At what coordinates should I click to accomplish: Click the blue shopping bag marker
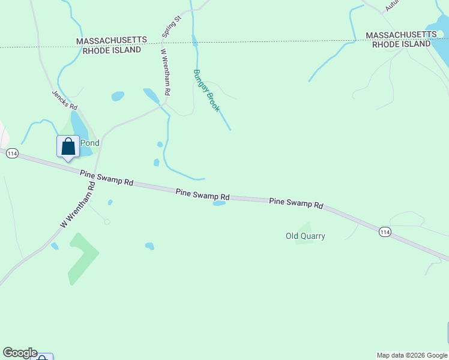(x=68, y=147)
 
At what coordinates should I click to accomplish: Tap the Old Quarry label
(x=305, y=236)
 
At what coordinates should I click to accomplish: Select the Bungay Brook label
(x=206, y=91)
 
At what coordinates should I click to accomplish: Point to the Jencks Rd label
(x=65, y=98)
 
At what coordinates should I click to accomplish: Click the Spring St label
(x=172, y=29)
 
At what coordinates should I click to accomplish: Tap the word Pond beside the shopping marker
(x=89, y=143)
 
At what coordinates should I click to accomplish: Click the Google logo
(x=20, y=353)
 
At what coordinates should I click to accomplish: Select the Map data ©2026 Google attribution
(x=412, y=355)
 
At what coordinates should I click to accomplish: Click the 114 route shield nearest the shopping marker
(x=11, y=154)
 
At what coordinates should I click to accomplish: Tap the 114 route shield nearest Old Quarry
(x=385, y=231)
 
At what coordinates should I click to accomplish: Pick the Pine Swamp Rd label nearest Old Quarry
(x=296, y=203)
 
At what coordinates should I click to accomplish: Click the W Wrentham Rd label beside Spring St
(x=166, y=72)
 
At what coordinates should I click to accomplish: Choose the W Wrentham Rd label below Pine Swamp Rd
(x=78, y=205)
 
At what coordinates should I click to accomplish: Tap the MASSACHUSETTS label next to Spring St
(x=112, y=40)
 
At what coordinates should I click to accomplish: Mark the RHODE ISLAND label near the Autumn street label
(x=402, y=44)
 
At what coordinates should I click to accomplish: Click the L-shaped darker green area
(x=80, y=256)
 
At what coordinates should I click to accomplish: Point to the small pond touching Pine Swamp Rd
(x=219, y=203)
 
